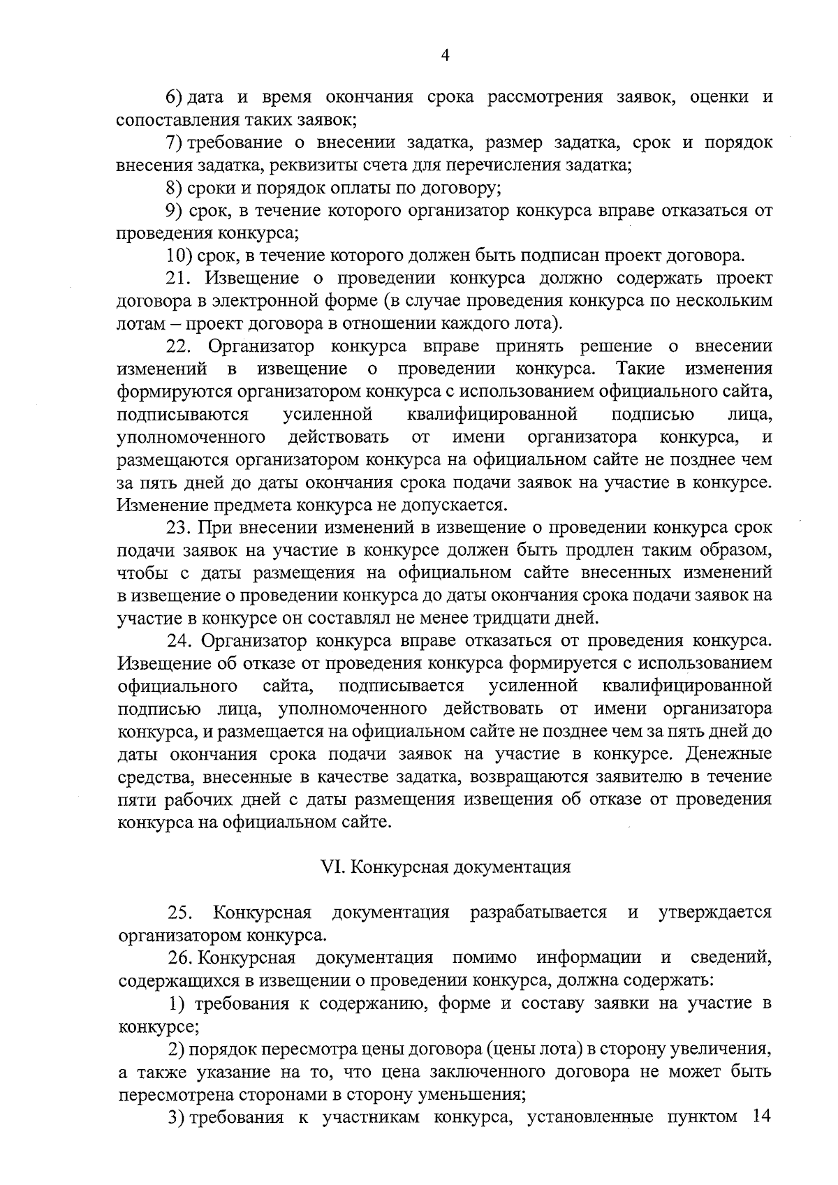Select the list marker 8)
pyautogui.click(x=175, y=188)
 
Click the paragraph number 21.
pyautogui.click(x=179, y=278)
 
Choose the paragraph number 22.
pyautogui.click(x=179, y=346)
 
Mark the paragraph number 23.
pyautogui.click(x=179, y=527)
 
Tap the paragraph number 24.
pyautogui.click(x=179, y=640)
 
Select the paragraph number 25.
pyautogui.click(x=179, y=913)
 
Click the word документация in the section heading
pyautogui.click(x=512, y=867)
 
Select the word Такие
pyautogui.click(x=640, y=369)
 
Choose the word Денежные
pyautogui.click(x=729, y=754)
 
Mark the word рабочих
pyautogui.click(x=191, y=800)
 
